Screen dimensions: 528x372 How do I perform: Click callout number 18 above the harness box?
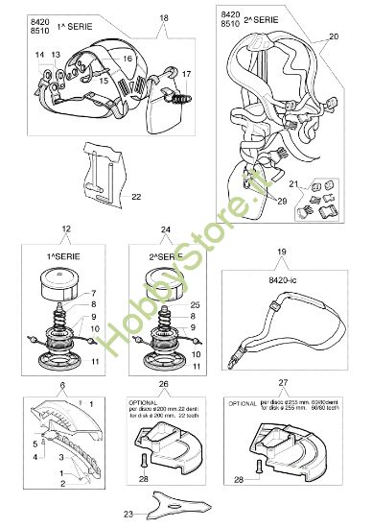(x=162, y=18)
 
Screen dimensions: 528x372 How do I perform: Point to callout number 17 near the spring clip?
(x=186, y=73)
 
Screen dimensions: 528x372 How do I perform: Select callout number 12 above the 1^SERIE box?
(x=65, y=229)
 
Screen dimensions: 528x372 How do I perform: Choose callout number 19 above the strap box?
(x=282, y=252)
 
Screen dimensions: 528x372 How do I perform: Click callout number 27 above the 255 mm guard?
(x=283, y=381)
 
